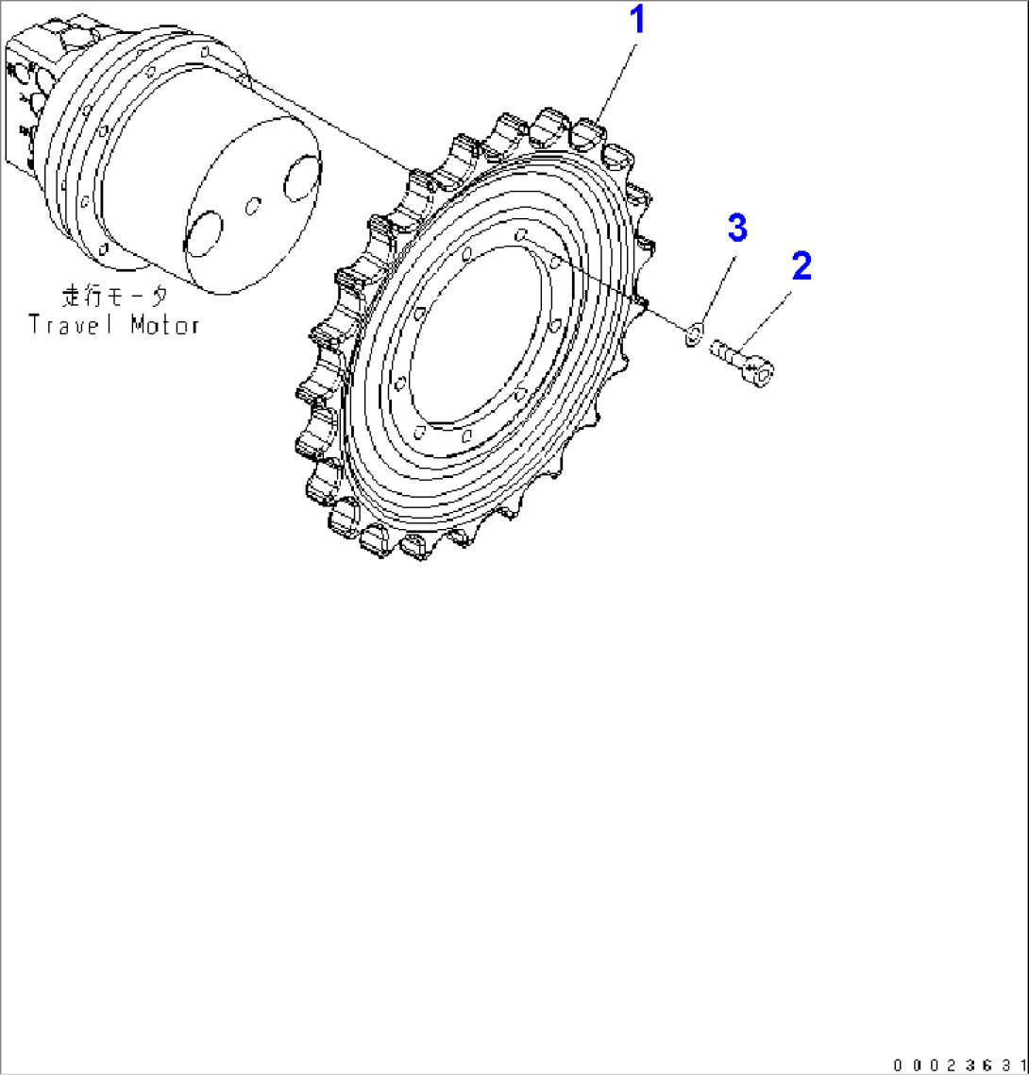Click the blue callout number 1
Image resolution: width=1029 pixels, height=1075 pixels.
pyautogui.click(x=637, y=20)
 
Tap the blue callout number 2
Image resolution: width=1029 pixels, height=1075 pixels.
pyautogui.click(x=801, y=265)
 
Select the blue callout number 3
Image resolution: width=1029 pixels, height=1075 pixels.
pyautogui.click(x=736, y=228)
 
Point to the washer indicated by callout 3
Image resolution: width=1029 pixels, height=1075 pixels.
pyautogui.click(x=694, y=331)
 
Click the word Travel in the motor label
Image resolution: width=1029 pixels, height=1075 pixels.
pyautogui.click(x=75, y=325)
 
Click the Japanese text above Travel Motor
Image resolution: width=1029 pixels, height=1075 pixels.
pyautogui.click(x=114, y=296)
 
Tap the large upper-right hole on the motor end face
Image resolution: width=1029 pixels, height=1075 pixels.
pyautogui.click(x=301, y=179)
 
